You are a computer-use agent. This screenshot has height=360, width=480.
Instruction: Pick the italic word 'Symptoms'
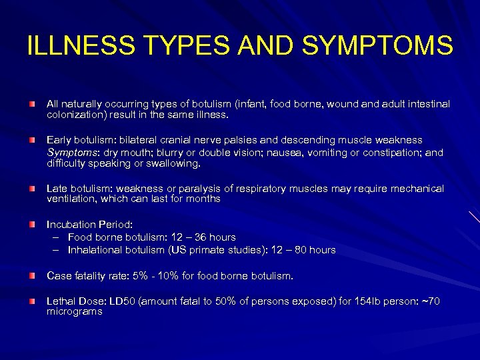[70, 152]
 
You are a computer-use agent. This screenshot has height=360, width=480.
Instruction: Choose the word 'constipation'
[393, 152]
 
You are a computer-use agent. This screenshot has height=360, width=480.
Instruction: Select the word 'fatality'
[95, 275]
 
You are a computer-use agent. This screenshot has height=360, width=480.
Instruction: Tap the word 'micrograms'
[74, 311]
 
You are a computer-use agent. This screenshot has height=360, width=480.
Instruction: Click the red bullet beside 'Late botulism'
[31, 189]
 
